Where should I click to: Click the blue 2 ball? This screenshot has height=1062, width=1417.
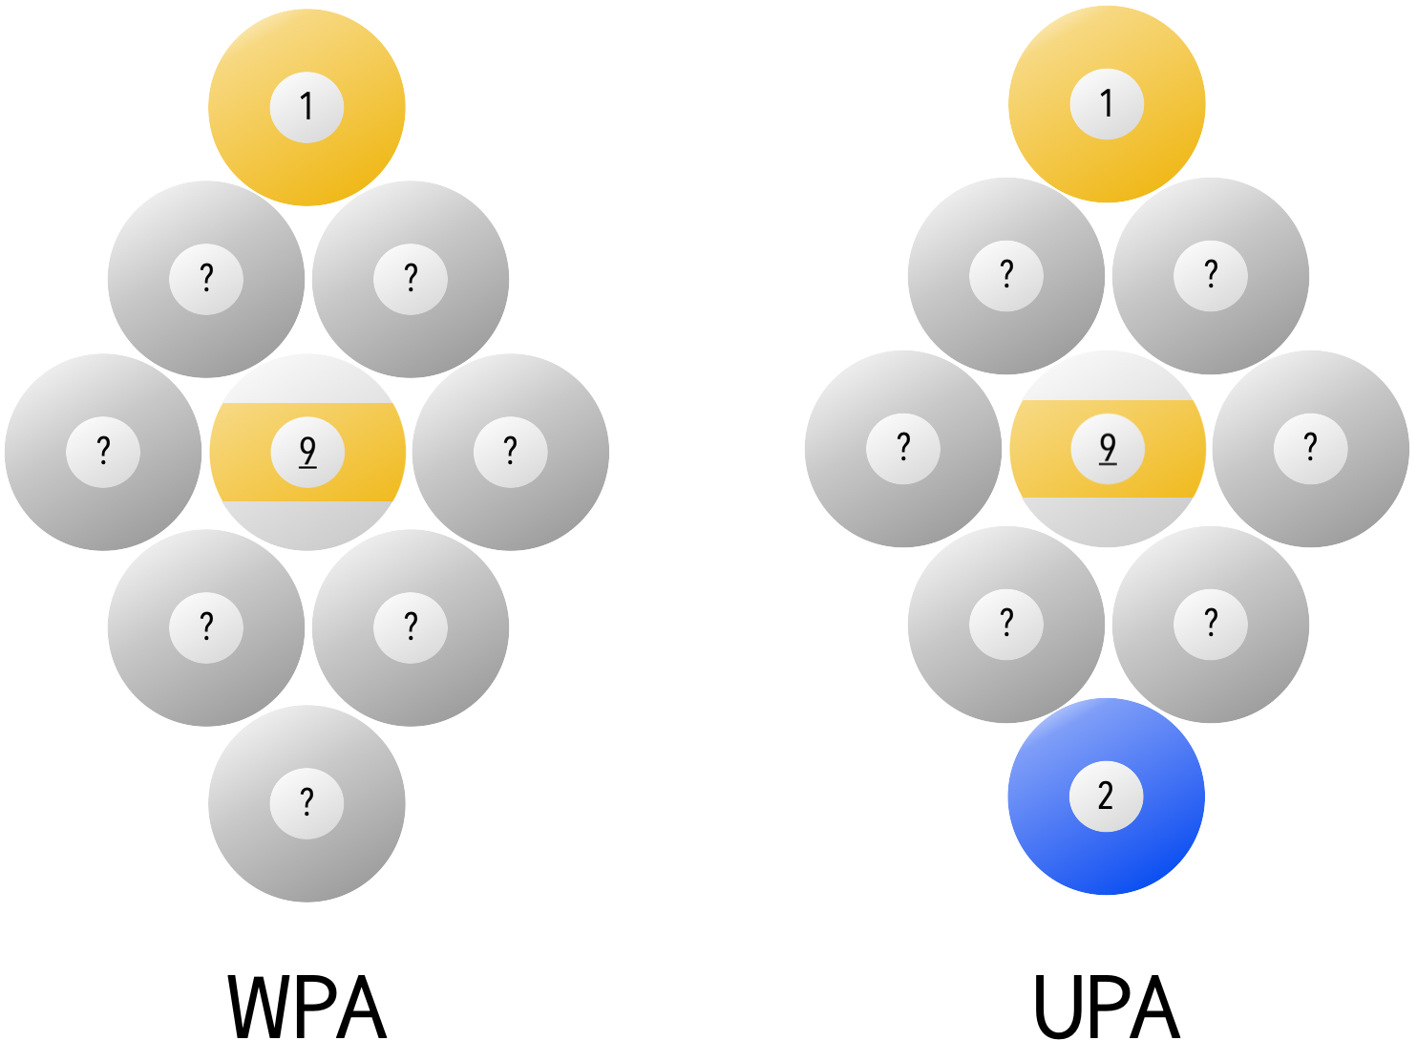[x=1106, y=796]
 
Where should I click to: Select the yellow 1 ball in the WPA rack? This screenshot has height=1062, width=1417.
[x=307, y=107]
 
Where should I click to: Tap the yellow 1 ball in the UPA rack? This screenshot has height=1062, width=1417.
[x=1107, y=104]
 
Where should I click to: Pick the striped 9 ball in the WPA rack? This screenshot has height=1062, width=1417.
[x=307, y=452]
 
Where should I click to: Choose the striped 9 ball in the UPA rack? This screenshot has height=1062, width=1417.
[x=1108, y=449]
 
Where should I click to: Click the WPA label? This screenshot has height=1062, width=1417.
[x=307, y=1009]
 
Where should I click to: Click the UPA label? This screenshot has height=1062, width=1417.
[x=1107, y=1009]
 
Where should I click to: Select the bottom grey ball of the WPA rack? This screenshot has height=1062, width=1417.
[x=307, y=803]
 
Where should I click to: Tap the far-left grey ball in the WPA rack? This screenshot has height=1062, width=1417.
[x=103, y=452]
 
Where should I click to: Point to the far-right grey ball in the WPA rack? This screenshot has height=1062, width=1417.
[x=511, y=452]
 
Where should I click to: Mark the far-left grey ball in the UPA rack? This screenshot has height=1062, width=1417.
[x=903, y=449]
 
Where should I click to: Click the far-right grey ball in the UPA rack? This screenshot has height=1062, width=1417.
[x=1311, y=449]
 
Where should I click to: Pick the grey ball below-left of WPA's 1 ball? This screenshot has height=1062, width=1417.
[x=206, y=279]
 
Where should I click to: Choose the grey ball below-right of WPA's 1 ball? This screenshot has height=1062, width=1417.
[x=411, y=279]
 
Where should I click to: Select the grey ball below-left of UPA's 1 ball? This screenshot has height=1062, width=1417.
[x=1006, y=276]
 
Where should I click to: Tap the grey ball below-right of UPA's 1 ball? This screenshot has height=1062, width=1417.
[x=1211, y=276]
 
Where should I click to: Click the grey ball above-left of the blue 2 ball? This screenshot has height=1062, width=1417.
[x=1006, y=625]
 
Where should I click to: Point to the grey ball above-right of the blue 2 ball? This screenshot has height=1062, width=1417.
[x=1211, y=625]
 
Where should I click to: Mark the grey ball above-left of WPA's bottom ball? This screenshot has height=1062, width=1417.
[x=206, y=627]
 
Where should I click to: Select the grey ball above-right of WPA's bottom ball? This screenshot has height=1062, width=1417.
[x=411, y=627]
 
